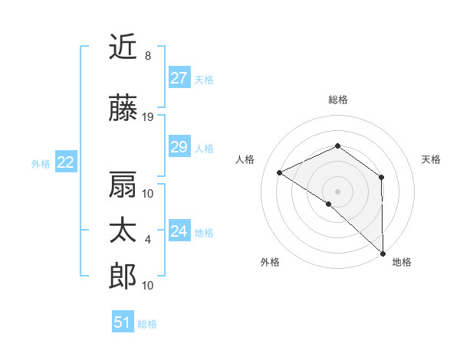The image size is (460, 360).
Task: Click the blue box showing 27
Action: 179,78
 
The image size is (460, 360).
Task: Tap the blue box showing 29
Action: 179,148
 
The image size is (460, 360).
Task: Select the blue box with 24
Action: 179,231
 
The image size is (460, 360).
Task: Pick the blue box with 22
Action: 66,162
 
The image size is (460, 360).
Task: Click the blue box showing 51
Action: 123,322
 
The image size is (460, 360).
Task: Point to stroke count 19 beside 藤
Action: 148,117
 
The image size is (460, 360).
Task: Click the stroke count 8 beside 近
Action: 147,56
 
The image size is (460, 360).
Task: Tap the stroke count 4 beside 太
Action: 147,240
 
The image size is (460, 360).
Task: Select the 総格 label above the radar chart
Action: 338,100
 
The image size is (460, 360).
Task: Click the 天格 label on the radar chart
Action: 432,159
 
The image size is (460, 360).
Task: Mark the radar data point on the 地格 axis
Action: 382,253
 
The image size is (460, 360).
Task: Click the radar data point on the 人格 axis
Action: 280,173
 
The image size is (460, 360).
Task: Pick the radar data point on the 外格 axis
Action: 329,204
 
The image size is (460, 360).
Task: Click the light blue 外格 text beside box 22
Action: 41,163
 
